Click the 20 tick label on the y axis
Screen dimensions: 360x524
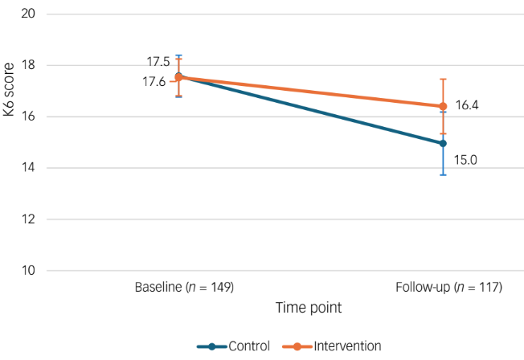click(30, 14)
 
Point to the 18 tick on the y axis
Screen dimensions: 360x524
click(30, 66)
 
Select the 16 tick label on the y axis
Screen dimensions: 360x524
click(30, 117)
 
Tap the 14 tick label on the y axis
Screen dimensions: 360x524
click(30, 168)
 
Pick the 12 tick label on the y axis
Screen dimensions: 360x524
click(30, 219)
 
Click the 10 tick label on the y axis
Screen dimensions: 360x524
click(30, 271)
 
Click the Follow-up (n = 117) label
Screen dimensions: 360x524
click(442, 287)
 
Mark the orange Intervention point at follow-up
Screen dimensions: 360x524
click(442, 106)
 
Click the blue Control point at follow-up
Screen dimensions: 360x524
click(442, 143)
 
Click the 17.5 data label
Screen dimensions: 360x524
click(158, 62)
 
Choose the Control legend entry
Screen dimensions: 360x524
click(234, 346)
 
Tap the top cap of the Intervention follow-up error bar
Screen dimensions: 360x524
click(442, 79)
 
